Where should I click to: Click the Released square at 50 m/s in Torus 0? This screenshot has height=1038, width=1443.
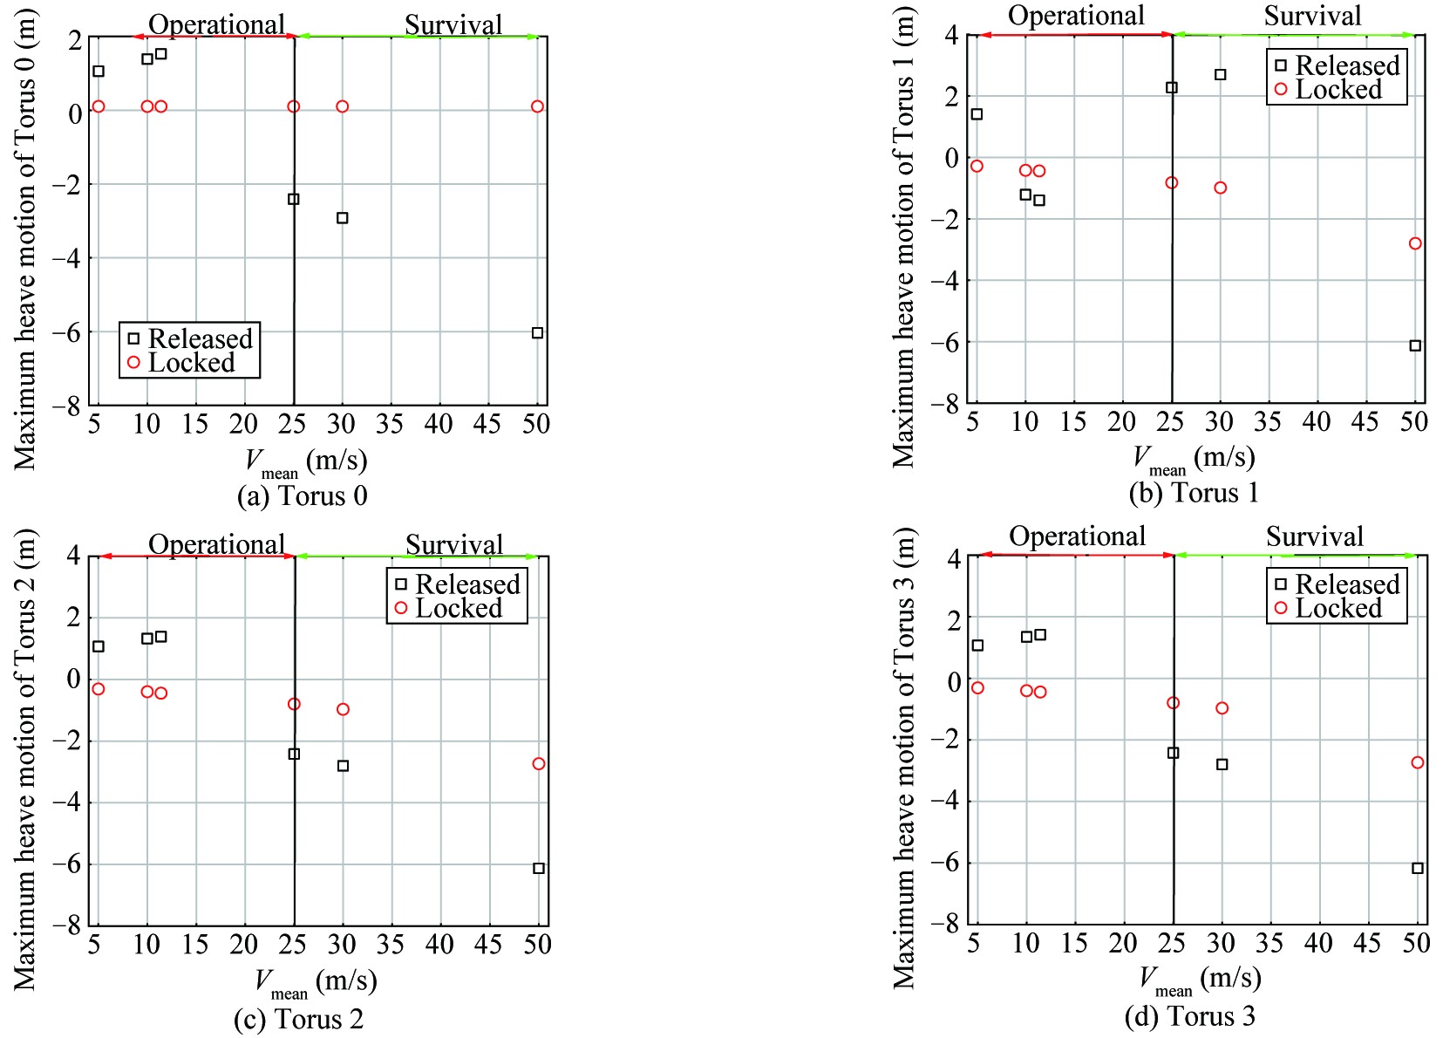pos(537,333)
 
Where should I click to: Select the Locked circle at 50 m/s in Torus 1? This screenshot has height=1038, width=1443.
pos(1415,243)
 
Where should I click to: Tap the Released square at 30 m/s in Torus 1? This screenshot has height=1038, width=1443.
pos(1221,75)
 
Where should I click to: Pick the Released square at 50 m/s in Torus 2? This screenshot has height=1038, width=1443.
pos(539,868)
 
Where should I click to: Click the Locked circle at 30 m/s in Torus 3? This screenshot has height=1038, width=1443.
pos(1222,708)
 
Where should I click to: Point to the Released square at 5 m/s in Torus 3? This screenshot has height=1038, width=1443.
pos(977,645)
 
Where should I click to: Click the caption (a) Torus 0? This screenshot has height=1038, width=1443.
pos(302,496)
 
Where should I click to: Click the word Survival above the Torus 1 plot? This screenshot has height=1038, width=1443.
pos(1312,16)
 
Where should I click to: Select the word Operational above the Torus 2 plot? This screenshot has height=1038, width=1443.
pos(216,544)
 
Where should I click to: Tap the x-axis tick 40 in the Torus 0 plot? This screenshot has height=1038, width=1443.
pos(439,424)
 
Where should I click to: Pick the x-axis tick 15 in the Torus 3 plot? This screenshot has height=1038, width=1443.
pos(1075,943)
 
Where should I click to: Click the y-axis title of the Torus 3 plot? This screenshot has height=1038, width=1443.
pos(904,759)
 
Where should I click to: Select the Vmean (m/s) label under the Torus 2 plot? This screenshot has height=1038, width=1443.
pos(315,982)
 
